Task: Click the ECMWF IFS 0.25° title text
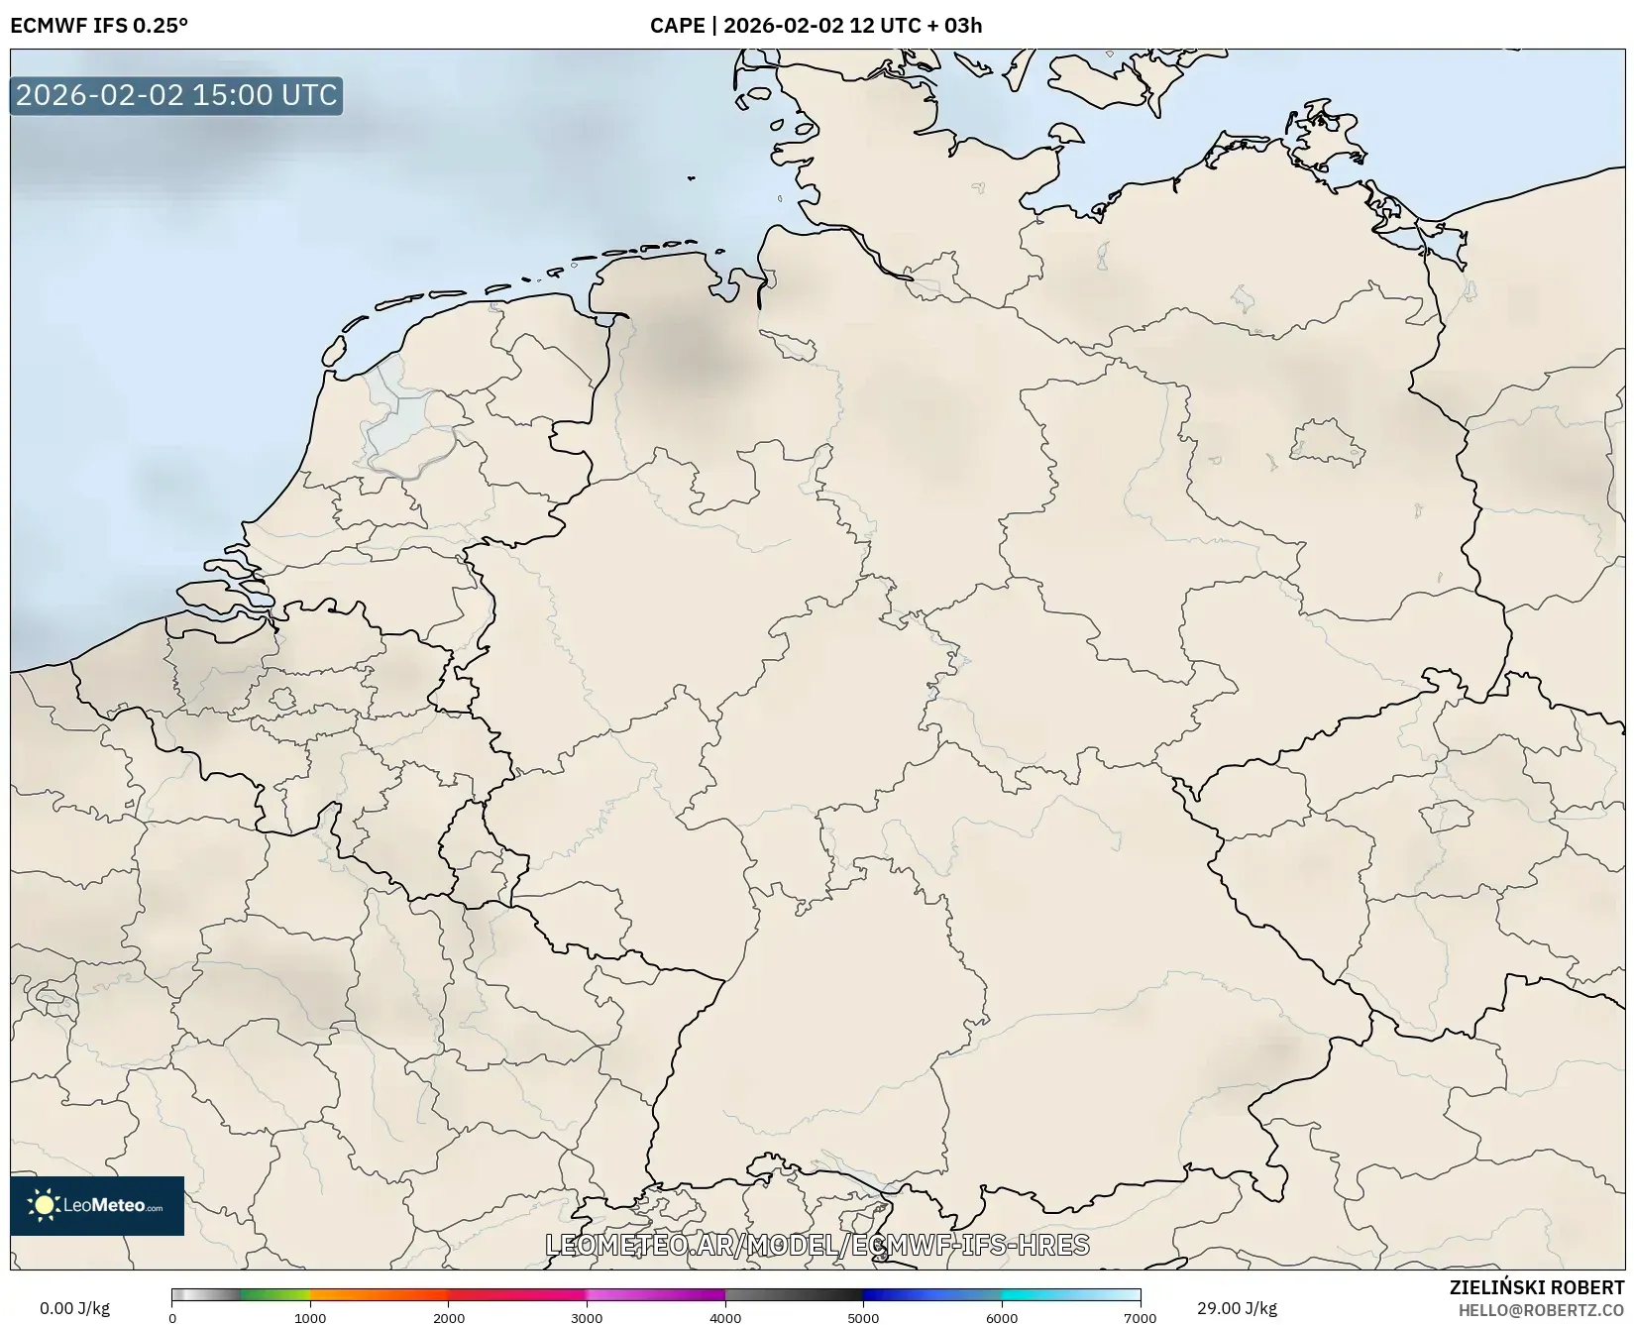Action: point(99,26)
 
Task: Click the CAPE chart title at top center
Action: point(816,26)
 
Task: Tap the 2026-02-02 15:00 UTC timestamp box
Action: point(176,96)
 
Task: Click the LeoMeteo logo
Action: point(97,1205)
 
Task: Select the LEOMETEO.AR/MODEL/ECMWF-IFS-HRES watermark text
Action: point(817,1245)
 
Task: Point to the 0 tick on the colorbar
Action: point(172,1317)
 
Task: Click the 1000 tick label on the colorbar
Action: point(310,1317)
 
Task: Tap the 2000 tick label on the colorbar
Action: point(449,1317)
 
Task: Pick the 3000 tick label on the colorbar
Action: point(587,1317)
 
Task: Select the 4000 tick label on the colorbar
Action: point(725,1317)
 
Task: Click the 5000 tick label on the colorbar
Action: point(863,1317)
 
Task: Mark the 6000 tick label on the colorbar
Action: point(1002,1317)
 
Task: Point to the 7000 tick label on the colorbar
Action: point(1140,1317)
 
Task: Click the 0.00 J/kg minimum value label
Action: point(75,1308)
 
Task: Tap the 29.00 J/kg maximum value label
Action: point(1237,1308)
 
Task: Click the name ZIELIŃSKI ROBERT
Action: point(1537,1288)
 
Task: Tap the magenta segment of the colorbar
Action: point(654,1295)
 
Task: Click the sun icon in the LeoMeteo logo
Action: point(45,1205)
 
